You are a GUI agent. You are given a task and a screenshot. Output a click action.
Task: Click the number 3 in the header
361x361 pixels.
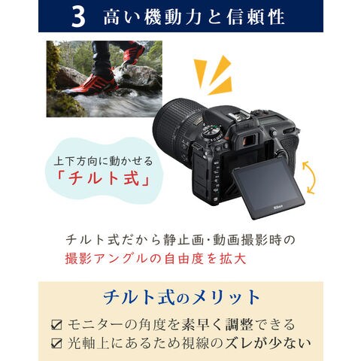coord(78,17)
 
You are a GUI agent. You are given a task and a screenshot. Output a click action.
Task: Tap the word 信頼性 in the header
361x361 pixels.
coord(256,17)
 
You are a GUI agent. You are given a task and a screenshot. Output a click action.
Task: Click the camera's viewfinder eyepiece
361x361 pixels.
coord(249,139)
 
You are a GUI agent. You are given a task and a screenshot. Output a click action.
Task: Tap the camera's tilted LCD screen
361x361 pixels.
coord(268,189)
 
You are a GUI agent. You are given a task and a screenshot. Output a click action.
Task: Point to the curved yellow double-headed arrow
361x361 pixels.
coord(309,177)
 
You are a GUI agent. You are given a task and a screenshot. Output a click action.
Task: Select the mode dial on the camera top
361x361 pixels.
coord(212,131)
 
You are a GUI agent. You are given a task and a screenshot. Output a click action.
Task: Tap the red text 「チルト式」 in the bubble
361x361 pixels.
coord(102,178)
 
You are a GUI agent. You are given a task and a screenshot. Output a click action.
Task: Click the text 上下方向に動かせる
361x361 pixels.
coord(103,161)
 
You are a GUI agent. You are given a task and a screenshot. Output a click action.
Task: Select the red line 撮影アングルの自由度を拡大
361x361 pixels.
coord(156,259)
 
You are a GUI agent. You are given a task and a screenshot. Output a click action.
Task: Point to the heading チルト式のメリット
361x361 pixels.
coord(181,298)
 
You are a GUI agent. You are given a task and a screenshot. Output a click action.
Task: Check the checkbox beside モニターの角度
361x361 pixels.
coord(56,325)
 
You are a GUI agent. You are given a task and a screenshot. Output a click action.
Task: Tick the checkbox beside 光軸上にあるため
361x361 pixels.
coord(56,343)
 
